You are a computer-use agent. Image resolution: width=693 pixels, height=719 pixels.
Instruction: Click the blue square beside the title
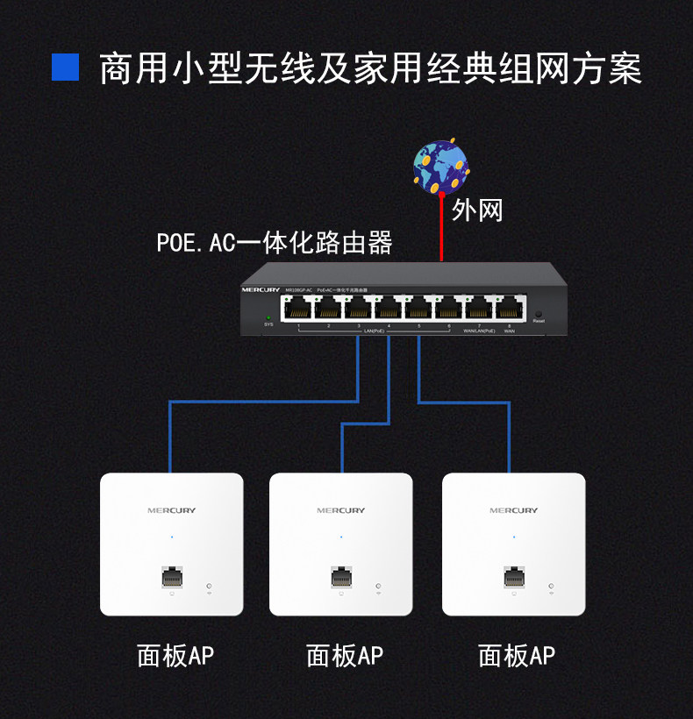pos(65,68)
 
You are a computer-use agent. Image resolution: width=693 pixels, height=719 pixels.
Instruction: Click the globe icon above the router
pos(441,166)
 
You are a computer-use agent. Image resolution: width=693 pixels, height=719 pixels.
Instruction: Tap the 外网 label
pos(477,210)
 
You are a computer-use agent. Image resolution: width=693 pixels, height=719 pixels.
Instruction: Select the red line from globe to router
pos(441,228)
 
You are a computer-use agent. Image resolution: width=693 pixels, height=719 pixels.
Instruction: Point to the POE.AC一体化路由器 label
pos(275,242)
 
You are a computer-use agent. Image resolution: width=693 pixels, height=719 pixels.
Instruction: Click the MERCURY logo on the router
pos(261,288)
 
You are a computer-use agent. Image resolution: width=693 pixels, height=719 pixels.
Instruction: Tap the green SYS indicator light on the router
pos(269,317)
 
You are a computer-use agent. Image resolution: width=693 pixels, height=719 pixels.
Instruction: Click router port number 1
pos(298,308)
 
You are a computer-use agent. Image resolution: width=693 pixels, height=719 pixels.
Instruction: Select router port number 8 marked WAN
pos(510,308)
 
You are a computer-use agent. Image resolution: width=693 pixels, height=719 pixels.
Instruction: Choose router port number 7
pos(480,308)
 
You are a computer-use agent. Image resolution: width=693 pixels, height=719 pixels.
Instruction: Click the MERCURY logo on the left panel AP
pos(171,510)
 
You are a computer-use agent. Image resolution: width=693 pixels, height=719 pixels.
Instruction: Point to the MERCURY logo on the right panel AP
pos(513,510)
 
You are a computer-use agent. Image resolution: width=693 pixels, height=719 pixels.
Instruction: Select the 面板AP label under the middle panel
pos(345,655)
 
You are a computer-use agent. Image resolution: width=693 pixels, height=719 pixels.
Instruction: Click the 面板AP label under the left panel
pos(175,655)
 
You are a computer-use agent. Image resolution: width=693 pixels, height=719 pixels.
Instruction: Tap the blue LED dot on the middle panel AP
pos(341,537)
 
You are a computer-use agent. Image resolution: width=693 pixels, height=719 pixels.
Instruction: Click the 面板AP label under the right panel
pos(517,655)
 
